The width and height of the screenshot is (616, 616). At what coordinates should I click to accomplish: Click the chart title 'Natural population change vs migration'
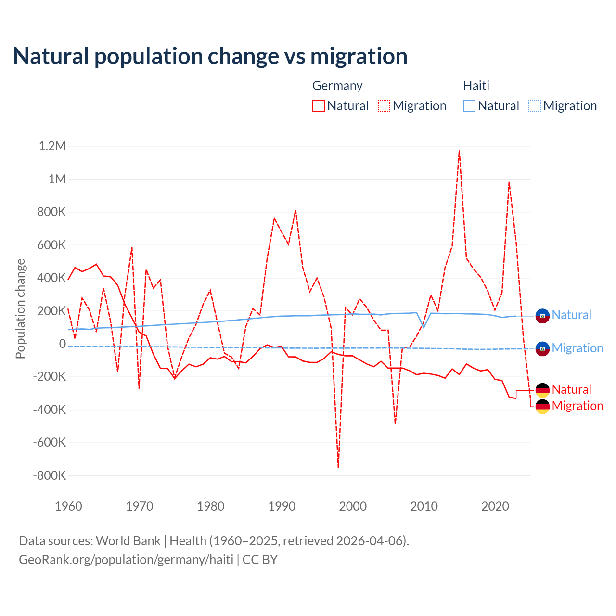[x=210, y=56]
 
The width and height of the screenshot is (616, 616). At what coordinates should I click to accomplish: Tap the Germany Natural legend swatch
[x=319, y=106]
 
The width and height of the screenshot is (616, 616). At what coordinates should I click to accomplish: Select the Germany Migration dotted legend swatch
[x=384, y=106]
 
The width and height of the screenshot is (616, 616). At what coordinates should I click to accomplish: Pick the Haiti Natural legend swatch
[x=469, y=106]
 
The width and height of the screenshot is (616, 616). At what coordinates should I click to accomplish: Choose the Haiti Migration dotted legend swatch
[x=535, y=106]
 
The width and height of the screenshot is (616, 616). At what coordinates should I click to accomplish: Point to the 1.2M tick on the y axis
[x=52, y=146]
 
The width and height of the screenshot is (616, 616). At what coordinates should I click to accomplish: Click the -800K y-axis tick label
[x=49, y=475]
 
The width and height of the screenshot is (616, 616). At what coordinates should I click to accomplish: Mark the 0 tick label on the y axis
[x=63, y=344]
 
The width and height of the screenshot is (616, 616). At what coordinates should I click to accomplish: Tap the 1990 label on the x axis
[x=282, y=506]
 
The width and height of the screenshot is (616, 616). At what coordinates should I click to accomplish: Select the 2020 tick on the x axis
[x=495, y=506]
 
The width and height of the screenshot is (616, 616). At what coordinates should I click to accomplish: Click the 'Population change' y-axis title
[x=20, y=308]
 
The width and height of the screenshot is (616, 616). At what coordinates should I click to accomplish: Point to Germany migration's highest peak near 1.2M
[x=460, y=150]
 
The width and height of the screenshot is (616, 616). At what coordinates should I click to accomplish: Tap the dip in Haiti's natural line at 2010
[x=423, y=328]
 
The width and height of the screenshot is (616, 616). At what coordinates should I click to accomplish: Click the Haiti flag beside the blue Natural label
[x=542, y=316]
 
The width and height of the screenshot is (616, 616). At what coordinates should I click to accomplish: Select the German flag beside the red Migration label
[x=542, y=407]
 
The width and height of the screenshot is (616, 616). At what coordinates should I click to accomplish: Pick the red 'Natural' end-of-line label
[x=571, y=389]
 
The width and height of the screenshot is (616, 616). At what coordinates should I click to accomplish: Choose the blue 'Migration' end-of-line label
[x=577, y=348]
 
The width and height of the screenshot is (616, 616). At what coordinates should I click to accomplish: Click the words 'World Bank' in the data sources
[x=128, y=541]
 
